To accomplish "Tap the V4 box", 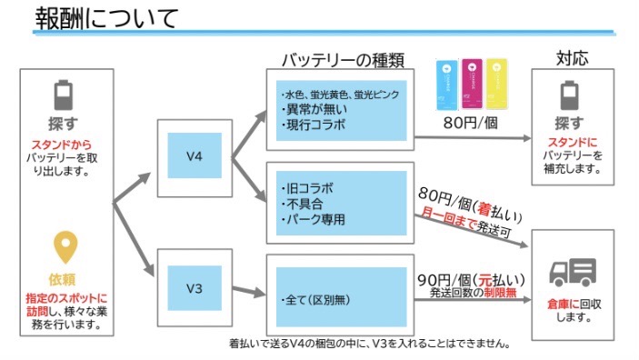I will pos(193,155).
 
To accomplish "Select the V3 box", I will pos(193,288).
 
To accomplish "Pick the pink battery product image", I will pos(473,83).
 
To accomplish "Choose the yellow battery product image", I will pos(496,83).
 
